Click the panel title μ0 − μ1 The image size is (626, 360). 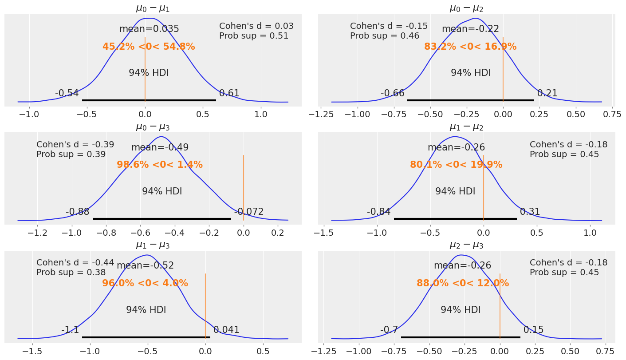click(x=153, y=8)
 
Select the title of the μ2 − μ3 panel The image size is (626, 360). click(x=466, y=245)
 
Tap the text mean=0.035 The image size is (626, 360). click(x=149, y=29)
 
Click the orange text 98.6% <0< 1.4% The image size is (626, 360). click(x=160, y=165)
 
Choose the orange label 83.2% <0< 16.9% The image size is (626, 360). click(x=470, y=47)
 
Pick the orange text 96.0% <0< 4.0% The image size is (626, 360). click(x=145, y=283)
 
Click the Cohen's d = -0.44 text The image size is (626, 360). click(x=75, y=263)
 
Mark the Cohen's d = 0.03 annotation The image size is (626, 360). click(x=256, y=26)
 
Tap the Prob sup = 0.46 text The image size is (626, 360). click(x=384, y=36)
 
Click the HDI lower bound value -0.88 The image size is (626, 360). click(x=77, y=212)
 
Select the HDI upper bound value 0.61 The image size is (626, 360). click(x=229, y=93)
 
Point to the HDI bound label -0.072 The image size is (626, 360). click(x=248, y=212)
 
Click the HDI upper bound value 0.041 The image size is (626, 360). click(x=226, y=330)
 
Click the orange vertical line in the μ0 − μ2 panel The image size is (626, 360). click(x=503, y=67)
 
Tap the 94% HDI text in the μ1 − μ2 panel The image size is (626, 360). click(x=455, y=192)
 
